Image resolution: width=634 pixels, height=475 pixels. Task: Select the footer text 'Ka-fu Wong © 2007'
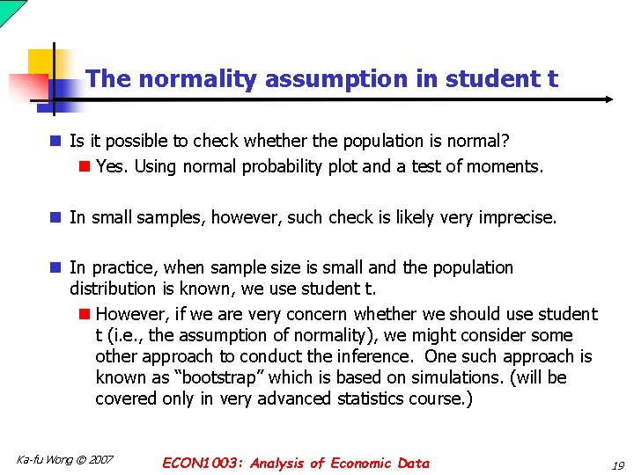pyautogui.click(x=64, y=460)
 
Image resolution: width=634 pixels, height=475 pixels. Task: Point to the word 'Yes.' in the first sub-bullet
pyautogui.click(x=112, y=166)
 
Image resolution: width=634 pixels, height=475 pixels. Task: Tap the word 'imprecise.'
pyautogui.click(x=516, y=217)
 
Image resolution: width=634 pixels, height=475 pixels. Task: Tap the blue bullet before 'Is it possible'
pyautogui.click(x=55, y=141)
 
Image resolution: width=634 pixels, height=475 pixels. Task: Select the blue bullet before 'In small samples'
pyautogui.click(x=55, y=217)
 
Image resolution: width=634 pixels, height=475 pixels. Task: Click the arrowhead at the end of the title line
pyautogui.click(x=608, y=99)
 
